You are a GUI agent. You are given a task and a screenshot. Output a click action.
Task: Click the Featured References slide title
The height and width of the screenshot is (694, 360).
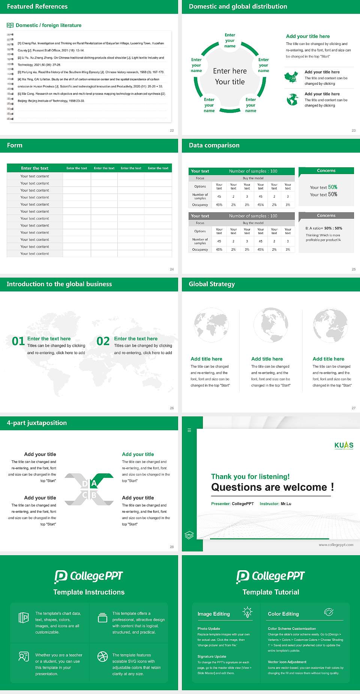[37, 6]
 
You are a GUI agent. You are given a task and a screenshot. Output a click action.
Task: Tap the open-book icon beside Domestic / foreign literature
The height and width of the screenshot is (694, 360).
[10, 25]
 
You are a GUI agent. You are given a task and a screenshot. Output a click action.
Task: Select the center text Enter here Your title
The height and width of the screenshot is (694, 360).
[230, 76]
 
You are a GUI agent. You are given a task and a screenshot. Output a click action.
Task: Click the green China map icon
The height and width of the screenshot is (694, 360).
[291, 77]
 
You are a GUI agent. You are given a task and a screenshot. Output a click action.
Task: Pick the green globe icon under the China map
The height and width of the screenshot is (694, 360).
[292, 100]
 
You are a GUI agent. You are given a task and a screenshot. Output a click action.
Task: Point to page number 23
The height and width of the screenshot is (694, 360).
[353, 131]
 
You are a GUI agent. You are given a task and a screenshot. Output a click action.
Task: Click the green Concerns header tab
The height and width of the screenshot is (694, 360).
[326, 171]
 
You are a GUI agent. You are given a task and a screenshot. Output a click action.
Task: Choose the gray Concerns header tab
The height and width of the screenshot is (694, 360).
[326, 216]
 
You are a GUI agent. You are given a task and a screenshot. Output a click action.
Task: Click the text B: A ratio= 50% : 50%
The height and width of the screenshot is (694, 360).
[324, 228]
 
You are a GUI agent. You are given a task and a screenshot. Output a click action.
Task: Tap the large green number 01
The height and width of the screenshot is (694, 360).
[18, 341]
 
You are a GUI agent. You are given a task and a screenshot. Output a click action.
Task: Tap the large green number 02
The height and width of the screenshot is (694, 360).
[103, 341]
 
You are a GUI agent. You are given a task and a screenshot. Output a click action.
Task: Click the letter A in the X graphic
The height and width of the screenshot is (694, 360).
[94, 483]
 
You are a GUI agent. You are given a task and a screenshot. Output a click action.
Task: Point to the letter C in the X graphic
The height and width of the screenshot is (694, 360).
[85, 495]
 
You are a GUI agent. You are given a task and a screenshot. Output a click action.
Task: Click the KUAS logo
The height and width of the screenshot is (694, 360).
[343, 445]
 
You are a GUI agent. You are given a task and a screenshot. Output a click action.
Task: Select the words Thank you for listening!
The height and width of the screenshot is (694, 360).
[250, 476]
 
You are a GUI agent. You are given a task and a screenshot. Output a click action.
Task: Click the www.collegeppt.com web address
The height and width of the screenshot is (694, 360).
[336, 545]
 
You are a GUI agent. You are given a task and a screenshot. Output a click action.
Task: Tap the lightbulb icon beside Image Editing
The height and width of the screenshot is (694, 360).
[247, 612]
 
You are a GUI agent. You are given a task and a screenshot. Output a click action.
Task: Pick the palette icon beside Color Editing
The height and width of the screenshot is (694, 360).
[328, 612]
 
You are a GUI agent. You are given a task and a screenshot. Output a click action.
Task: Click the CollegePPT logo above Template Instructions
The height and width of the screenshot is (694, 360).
[89, 576]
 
